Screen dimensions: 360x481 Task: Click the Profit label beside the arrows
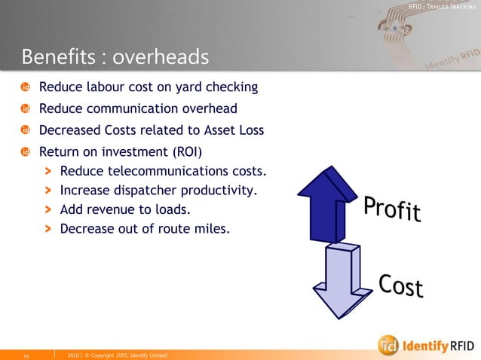[x=392, y=209]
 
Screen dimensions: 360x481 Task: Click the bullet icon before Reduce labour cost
[x=26, y=88]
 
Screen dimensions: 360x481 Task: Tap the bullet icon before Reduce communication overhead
[x=26, y=109]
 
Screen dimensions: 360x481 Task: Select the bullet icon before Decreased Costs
[x=26, y=130]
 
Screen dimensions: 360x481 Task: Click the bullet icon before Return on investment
[x=26, y=151]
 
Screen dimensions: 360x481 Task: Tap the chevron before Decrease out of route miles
[x=48, y=227]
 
